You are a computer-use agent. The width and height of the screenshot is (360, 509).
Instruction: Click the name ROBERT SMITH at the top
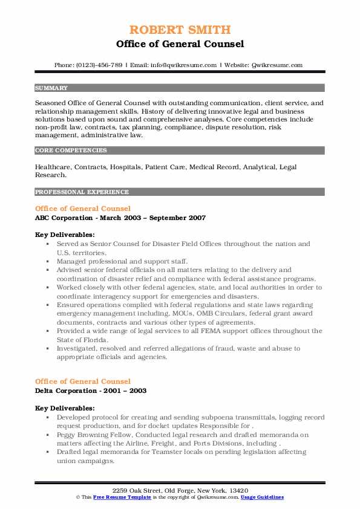click(x=180, y=30)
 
